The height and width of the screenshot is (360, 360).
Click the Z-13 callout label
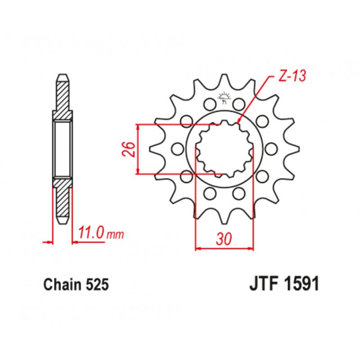292,76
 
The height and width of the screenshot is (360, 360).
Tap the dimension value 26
130,149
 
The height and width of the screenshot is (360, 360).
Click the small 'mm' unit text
116,235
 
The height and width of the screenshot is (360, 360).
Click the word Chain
63,285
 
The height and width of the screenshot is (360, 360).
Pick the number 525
97,285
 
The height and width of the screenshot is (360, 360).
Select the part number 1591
302,284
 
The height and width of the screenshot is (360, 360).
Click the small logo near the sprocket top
224,97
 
